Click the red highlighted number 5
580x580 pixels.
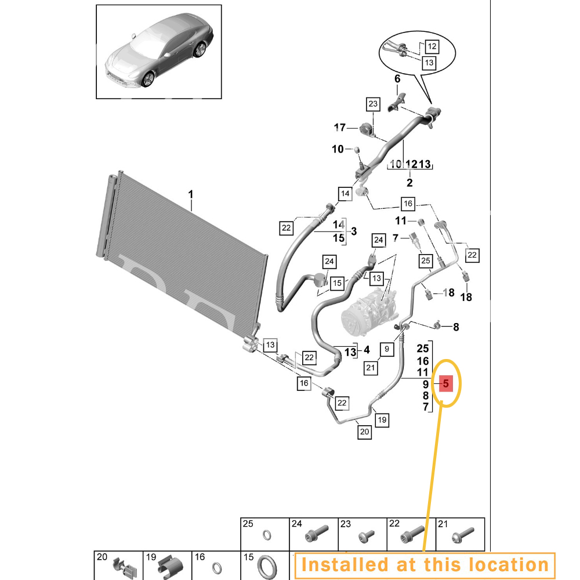tap(445, 383)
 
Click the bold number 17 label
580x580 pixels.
tap(340, 128)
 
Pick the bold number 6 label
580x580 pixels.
tap(397, 79)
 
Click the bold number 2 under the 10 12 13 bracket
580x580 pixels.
tap(409, 183)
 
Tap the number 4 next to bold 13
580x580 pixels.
tap(366, 350)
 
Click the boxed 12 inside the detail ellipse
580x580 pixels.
tap(433, 45)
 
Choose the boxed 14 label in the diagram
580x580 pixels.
tap(345, 194)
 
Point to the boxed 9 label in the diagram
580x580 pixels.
tap(387, 349)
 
